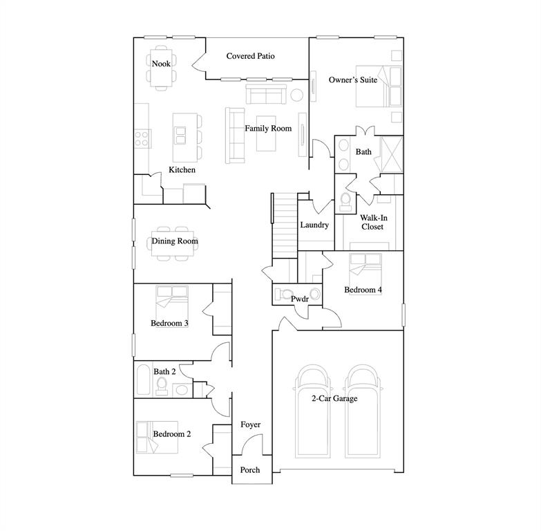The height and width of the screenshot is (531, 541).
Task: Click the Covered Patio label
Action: [250, 56]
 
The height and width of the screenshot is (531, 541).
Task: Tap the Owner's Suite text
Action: [352, 80]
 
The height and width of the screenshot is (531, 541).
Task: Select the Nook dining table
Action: [161, 70]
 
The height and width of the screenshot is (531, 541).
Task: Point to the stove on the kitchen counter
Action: [142, 138]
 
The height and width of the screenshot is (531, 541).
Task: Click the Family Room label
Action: [268, 129]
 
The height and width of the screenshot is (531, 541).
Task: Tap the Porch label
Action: [249, 470]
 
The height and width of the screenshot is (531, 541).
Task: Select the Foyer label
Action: [250, 425]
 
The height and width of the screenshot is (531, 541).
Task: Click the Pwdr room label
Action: [298, 299]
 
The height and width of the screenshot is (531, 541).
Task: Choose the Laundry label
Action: [314, 225]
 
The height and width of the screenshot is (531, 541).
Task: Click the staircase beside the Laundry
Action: [284, 224]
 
